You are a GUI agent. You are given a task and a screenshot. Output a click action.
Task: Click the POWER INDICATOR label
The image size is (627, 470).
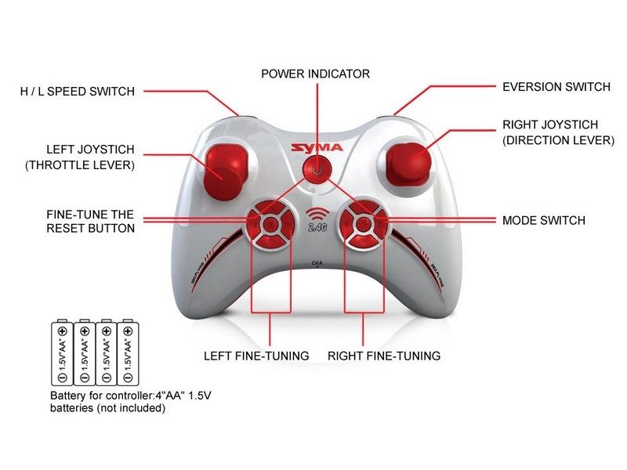point(315,74)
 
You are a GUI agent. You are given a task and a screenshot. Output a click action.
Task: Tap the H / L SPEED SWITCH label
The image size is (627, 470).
point(78,92)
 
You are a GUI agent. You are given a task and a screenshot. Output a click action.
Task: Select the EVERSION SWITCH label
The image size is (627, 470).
point(556,87)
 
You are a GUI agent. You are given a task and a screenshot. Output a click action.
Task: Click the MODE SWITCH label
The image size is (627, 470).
point(543,221)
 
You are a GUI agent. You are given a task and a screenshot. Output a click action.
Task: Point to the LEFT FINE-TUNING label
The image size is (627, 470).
point(256,356)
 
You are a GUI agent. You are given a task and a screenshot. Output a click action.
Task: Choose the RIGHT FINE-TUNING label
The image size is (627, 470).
point(384,356)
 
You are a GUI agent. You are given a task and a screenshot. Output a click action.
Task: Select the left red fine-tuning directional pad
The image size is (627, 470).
point(267,223)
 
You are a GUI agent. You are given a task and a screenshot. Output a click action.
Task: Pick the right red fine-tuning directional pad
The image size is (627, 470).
point(361,223)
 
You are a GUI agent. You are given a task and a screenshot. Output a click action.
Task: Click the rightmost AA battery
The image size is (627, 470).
point(127,352)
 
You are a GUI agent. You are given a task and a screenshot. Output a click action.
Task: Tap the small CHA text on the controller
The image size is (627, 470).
point(317,263)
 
